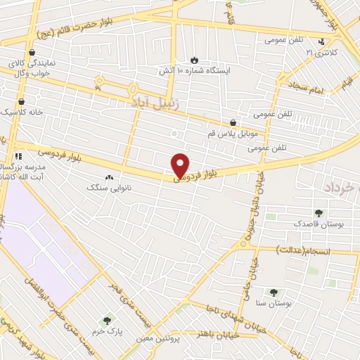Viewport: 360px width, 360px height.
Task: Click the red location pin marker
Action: point(181,165)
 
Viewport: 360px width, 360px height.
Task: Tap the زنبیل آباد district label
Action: point(156,102)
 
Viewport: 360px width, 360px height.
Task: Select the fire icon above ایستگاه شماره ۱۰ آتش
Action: point(195,60)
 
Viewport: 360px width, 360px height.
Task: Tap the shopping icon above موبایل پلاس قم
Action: point(233,122)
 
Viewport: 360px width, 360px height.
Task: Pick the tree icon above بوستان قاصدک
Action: point(321,212)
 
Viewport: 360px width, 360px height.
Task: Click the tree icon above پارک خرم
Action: point(108,321)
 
